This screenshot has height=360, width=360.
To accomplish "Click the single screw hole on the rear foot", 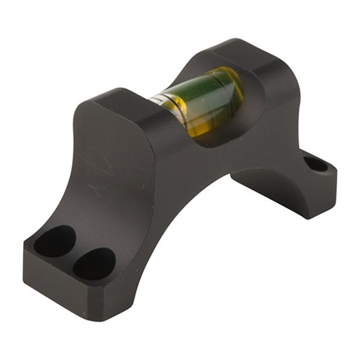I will pos(315,163).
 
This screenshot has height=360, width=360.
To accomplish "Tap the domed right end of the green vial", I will pos(232,90).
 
